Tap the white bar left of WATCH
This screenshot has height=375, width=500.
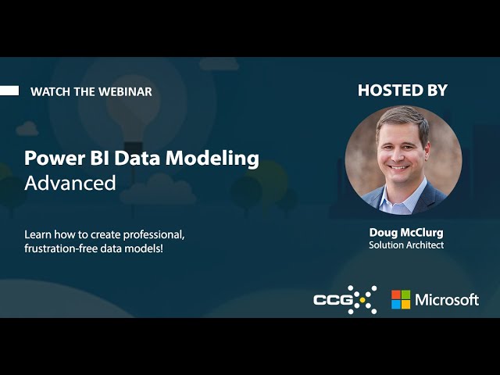(9, 91)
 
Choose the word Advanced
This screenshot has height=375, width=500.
(70, 184)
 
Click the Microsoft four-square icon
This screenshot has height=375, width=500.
(401, 299)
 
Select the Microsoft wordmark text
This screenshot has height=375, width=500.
(446, 299)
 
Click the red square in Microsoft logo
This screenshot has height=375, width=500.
(396, 295)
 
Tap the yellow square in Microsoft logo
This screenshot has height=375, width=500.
(405, 304)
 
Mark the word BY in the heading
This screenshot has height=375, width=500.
(435, 90)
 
